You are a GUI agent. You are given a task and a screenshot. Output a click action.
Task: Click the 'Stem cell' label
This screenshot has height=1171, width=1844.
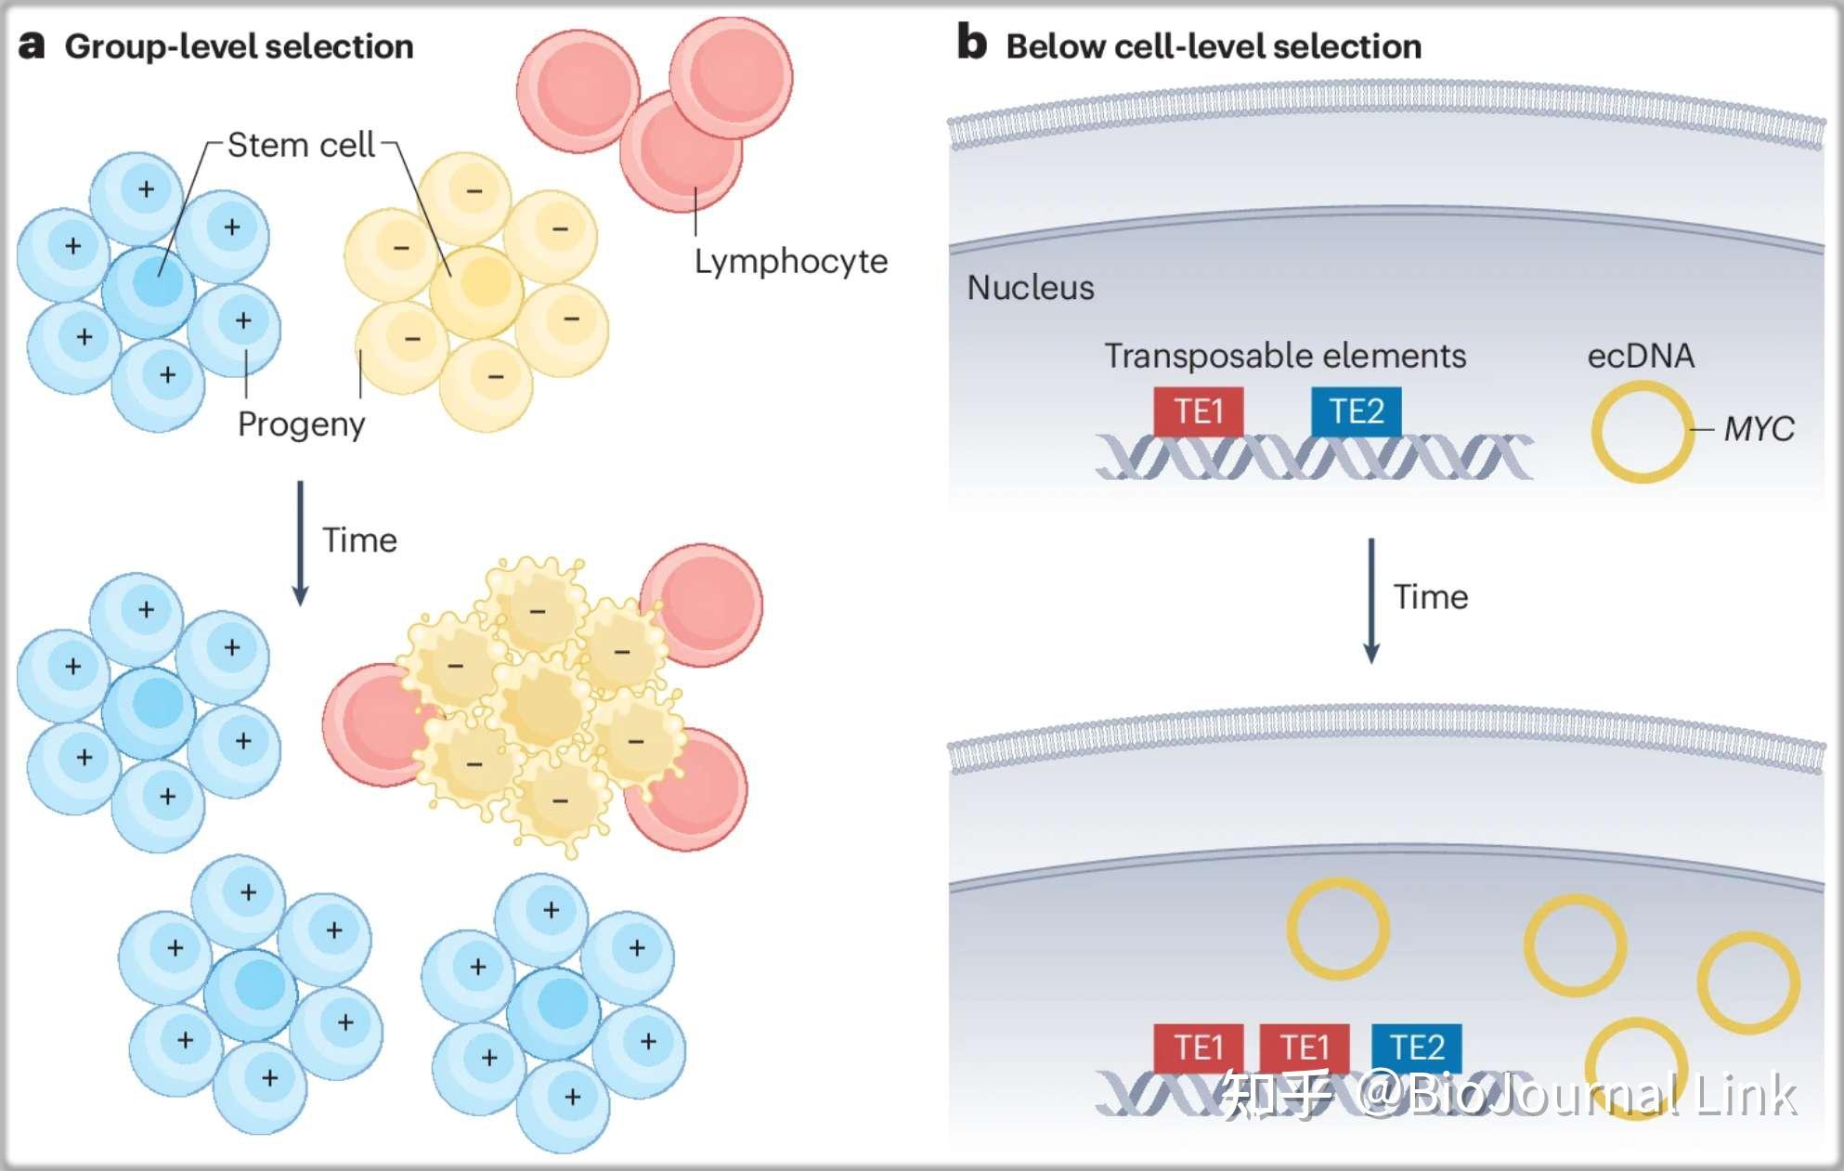tap(301, 146)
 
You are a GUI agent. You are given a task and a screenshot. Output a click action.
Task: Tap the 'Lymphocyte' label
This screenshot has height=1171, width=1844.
tap(791, 262)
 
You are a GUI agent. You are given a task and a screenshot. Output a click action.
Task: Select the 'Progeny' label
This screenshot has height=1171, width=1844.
tap(301, 424)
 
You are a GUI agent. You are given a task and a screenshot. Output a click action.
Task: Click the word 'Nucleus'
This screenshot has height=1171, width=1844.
tap(1031, 288)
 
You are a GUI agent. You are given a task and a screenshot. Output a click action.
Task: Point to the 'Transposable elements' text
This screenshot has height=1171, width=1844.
tap(1285, 356)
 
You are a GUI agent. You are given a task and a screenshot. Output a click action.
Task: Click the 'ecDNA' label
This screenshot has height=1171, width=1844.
tap(1641, 356)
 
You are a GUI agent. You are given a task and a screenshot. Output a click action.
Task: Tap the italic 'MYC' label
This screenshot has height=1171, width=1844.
tap(1759, 429)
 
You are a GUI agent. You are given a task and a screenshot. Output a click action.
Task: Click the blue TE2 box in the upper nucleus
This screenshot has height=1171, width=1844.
tap(1356, 410)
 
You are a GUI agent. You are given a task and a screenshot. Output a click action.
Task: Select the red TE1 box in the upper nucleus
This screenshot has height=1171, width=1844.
tap(1198, 410)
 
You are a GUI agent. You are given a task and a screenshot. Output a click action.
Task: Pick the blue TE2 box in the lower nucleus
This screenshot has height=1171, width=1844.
tap(1416, 1047)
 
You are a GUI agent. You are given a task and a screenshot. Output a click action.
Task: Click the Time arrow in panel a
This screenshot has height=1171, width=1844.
tap(300, 542)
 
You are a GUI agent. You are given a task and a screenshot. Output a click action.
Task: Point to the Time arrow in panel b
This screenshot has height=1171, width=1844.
tap(1370, 599)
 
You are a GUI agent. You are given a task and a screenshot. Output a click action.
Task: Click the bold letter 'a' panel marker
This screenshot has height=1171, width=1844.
tap(32, 45)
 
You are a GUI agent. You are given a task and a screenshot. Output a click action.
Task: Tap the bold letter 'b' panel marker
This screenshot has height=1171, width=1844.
tap(971, 43)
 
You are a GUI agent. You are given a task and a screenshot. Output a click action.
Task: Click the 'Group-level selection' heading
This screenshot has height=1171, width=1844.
tap(239, 46)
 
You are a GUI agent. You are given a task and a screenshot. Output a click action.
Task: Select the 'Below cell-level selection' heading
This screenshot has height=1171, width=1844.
tap(1214, 46)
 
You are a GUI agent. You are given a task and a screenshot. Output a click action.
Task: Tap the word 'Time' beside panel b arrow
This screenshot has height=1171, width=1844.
tap(1431, 597)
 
